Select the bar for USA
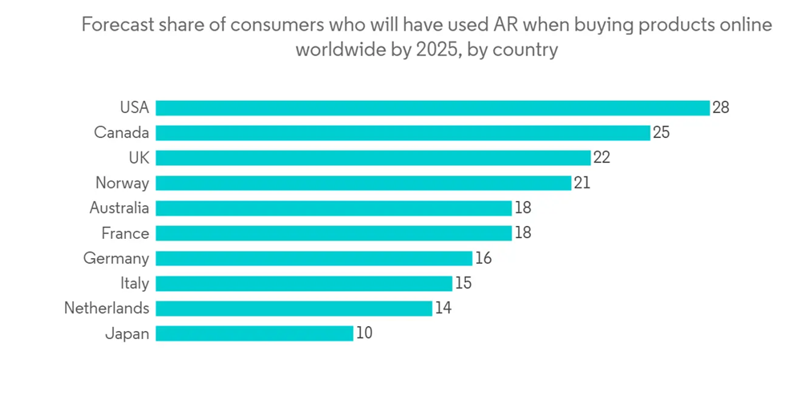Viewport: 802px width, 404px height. [432, 107]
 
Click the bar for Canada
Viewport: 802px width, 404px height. [403, 132]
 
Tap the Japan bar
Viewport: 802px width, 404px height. [254, 333]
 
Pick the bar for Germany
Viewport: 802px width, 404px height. [314, 258]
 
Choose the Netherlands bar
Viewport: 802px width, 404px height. [294, 308]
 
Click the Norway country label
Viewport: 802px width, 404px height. [122, 183]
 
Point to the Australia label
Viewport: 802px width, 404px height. [119, 208]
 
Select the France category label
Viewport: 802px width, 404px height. [125, 233]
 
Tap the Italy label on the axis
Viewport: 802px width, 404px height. [135, 283]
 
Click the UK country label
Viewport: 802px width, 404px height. [138, 158]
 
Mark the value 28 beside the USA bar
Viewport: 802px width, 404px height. [720, 107]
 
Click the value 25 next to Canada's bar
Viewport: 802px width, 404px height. [661, 132]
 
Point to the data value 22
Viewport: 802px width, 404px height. [601, 158]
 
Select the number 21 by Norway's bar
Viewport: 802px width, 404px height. [581, 183]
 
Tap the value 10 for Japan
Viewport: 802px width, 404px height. [363, 333]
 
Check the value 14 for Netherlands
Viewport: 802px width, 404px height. [443, 308]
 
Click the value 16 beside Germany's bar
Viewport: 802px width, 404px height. [482, 258]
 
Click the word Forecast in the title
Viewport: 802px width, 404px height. [115, 25]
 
